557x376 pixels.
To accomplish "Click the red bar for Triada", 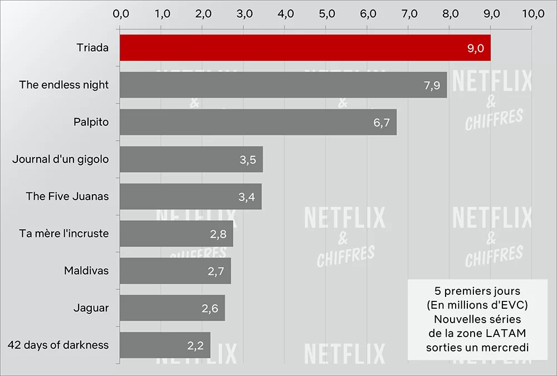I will point(305,48).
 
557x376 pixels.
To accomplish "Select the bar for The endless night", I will point(283,85).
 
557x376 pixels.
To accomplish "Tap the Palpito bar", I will point(258,122).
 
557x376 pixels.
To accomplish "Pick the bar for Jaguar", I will point(172,308).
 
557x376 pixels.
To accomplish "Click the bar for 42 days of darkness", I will point(165,345).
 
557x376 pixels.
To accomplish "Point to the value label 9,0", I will point(475,48).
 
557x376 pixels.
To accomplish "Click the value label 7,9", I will point(431,86).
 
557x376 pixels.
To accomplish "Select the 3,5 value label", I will point(247,160).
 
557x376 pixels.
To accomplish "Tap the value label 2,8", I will point(218,234).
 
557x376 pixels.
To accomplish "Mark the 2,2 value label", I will point(196,345).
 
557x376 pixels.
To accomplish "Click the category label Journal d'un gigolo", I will point(61,159).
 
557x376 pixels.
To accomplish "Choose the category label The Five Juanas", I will point(67,196).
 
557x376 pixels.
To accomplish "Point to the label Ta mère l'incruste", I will point(63,234).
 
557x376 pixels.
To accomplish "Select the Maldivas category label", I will point(86,271).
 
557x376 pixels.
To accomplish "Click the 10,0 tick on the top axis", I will point(532,14).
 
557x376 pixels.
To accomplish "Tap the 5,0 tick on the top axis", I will point(326,14).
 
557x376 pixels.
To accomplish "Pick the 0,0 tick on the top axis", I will point(120,14).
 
